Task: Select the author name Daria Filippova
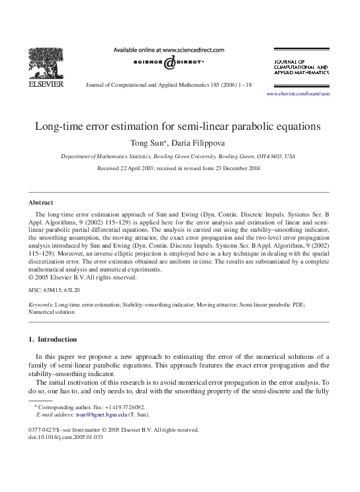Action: (x=199, y=142)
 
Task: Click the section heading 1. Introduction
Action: (x=53, y=339)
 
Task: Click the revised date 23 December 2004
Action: (x=234, y=168)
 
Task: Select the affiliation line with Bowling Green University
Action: (x=178, y=156)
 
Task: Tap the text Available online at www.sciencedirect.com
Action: (x=169, y=50)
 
